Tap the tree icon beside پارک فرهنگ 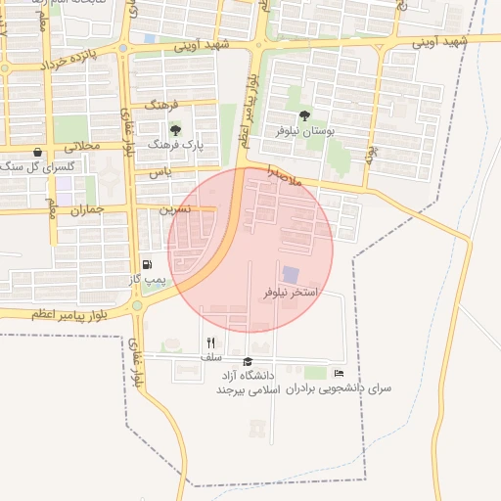176,129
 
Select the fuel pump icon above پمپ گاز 147,264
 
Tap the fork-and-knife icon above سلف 210,342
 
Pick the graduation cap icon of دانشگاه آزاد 248,361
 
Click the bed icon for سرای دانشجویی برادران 339,373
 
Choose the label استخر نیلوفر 291,293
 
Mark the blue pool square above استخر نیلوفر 291,275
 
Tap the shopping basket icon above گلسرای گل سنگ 37,152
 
